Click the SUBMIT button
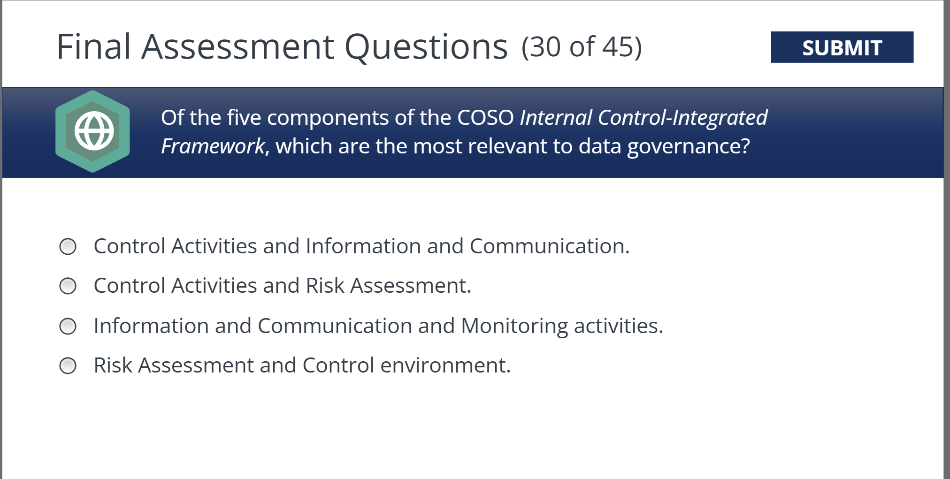(x=842, y=47)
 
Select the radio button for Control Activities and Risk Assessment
(x=68, y=286)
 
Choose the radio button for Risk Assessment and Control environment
(x=68, y=365)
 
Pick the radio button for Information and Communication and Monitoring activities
(x=68, y=326)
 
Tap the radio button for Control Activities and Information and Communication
(x=68, y=246)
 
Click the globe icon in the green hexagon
(x=94, y=131)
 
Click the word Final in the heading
(x=93, y=47)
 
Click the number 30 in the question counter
(x=545, y=47)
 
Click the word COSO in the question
(x=485, y=118)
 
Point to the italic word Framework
(x=213, y=146)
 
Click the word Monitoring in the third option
(x=514, y=326)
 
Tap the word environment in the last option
(x=444, y=365)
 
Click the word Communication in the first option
(x=549, y=246)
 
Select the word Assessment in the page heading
(x=238, y=47)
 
